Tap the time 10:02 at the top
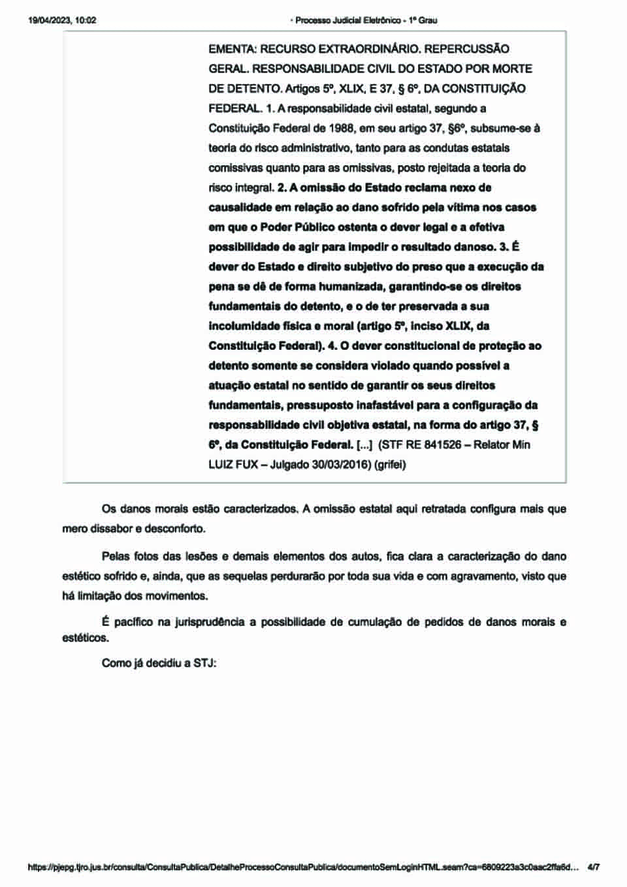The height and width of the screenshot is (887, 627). point(86,20)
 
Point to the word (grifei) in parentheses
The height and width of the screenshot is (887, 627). point(390,465)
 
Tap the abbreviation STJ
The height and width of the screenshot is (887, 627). point(204,663)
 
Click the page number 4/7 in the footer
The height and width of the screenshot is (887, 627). point(594,867)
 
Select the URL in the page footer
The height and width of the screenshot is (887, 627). point(303,867)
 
